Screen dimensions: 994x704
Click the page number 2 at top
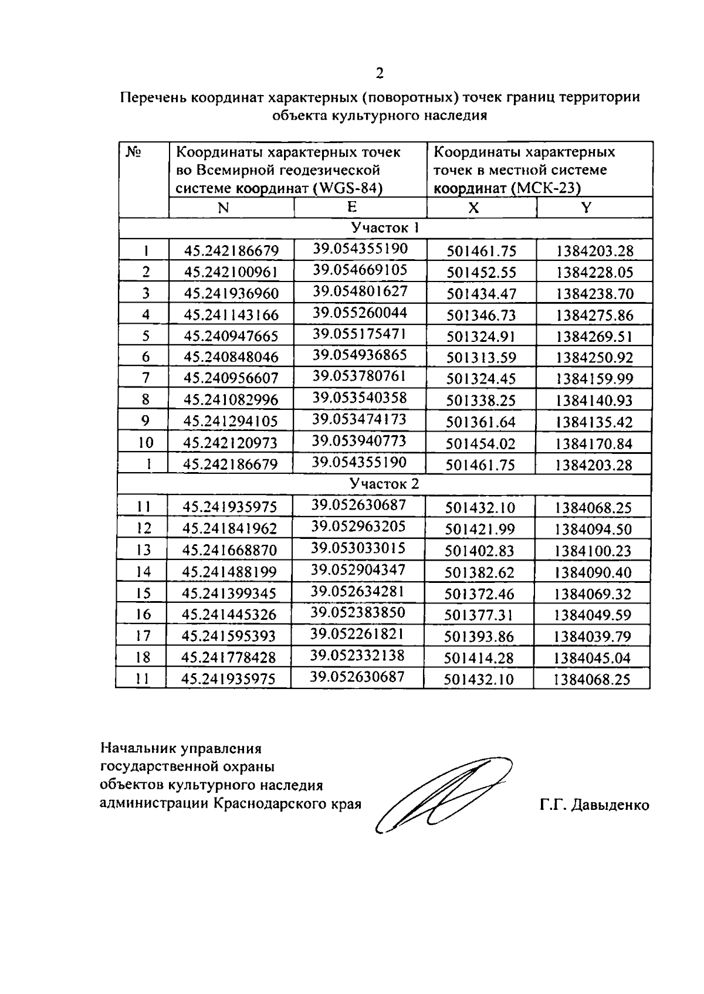380,73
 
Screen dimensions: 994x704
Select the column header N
223,208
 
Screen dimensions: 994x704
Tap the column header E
351,206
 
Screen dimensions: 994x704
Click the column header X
473,208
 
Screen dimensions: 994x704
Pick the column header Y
586,207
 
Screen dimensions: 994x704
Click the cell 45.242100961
231,272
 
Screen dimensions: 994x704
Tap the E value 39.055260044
360,312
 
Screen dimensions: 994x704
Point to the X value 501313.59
481,357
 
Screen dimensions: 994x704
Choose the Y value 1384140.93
595,400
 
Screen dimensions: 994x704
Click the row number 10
145,442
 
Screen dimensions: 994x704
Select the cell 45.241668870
229,550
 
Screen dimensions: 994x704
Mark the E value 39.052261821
357,633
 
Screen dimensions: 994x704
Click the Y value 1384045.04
592,658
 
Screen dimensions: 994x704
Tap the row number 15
144,593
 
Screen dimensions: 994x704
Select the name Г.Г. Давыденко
594,805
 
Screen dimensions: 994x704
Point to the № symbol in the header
133,152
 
